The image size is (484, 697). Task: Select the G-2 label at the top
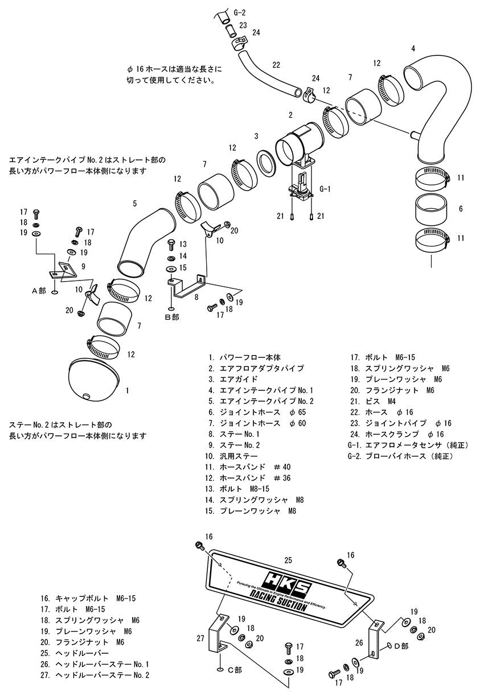point(239,13)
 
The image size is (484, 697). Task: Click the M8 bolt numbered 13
point(171,244)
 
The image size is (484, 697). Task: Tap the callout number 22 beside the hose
point(276,65)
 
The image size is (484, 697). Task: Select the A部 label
point(39,290)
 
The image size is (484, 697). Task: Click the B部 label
point(172,317)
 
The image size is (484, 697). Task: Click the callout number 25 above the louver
point(288,560)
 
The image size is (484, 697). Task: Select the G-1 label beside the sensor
point(325,189)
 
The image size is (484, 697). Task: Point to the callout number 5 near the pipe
point(134,204)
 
